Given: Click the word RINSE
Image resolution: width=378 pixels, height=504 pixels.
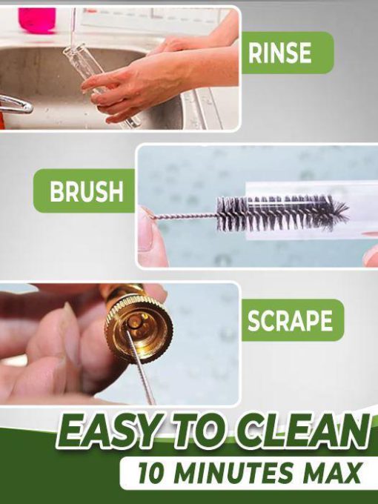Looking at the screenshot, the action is [x=279, y=53].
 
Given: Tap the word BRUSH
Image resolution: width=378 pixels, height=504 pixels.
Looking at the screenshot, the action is [x=87, y=191].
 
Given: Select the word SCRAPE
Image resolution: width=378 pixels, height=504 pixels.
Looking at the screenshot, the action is [x=290, y=320].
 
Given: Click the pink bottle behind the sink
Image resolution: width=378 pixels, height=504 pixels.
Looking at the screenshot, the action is [x=37, y=20].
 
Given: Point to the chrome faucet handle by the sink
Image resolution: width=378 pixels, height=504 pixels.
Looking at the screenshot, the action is [x=16, y=105].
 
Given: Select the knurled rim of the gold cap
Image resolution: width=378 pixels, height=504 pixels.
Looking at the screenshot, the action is [x=139, y=328].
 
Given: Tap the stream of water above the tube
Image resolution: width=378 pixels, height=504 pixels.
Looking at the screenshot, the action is [x=73, y=27].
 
